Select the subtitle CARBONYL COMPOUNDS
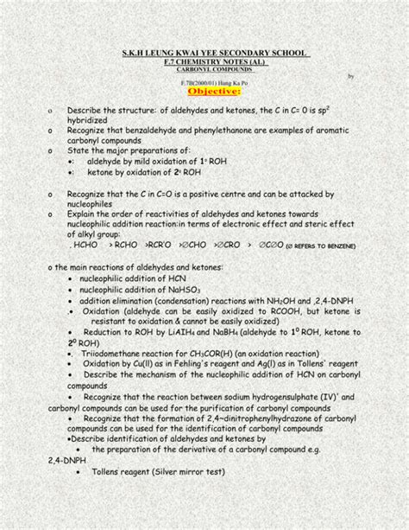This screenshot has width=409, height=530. point(204,72)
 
